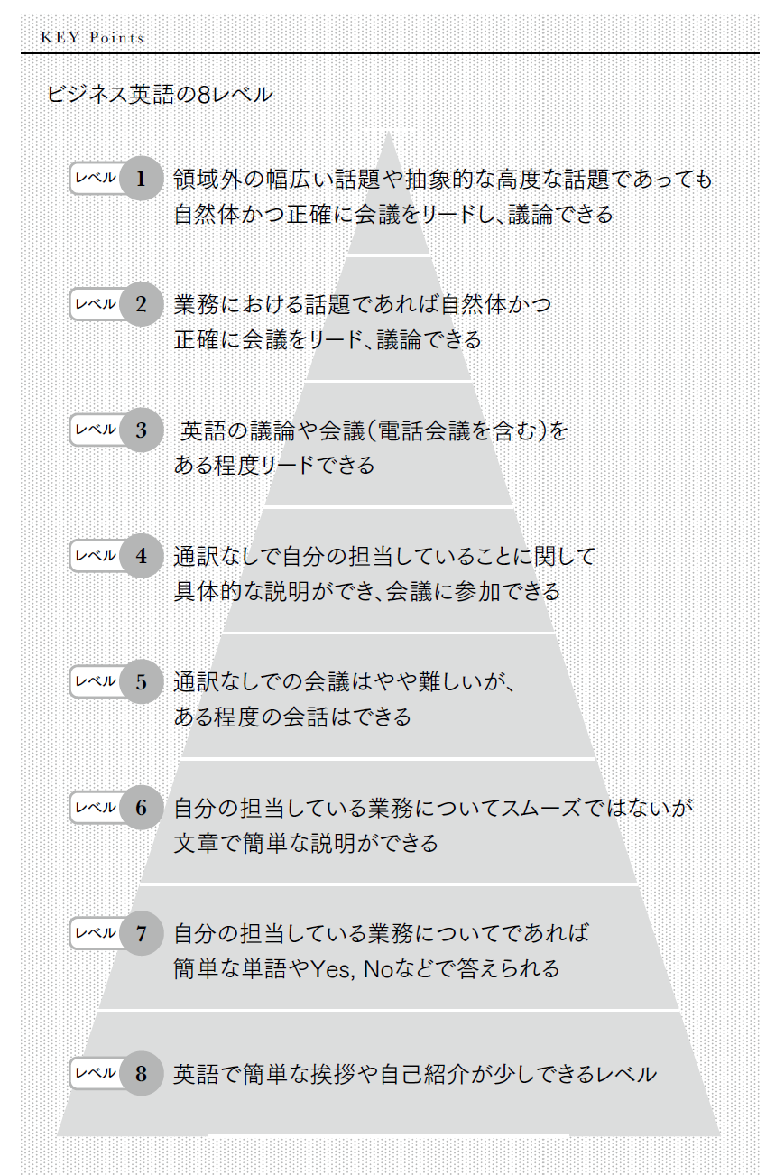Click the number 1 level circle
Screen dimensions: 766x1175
[x=141, y=178]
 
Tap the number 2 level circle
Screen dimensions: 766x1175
[x=141, y=303]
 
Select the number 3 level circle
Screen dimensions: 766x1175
[x=141, y=430]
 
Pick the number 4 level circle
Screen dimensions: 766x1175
[x=141, y=555]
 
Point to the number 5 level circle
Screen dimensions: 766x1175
[x=141, y=681]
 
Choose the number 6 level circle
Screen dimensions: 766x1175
[x=141, y=807]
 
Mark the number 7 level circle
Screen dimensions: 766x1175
[x=141, y=932]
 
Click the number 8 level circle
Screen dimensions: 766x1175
[x=141, y=1073]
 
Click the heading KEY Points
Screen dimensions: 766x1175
[x=93, y=38]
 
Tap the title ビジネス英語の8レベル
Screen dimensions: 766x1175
[x=160, y=95]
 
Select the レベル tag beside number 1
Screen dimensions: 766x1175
[x=96, y=178]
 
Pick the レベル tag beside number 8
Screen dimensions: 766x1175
[x=96, y=1073]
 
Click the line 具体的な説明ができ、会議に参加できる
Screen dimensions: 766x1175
[x=366, y=592]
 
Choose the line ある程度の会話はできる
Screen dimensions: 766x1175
[x=292, y=717]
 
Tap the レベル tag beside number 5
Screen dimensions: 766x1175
[x=96, y=681]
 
